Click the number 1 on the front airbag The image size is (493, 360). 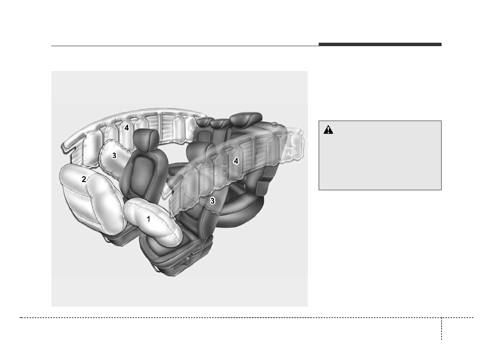tap(149, 219)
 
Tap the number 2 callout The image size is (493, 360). tap(84, 179)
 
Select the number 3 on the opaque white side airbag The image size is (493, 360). tap(114, 156)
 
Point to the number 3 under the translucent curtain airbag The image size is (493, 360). tap(212, 201)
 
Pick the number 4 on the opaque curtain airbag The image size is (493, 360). tap(126, 128)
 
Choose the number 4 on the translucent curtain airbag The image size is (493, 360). tap(236, 161)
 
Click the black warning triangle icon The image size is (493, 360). tap(328, 130)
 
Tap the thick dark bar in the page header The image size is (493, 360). tap(380, 45)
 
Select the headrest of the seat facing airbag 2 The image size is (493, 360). tap(146, 140)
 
